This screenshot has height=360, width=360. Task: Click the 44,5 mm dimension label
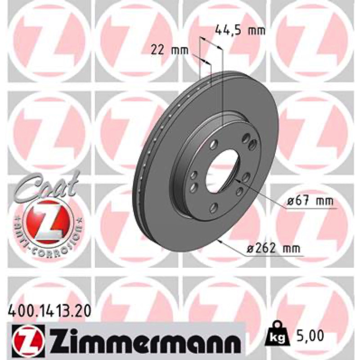[x=240, y=30]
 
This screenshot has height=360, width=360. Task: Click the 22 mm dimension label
[x=169, y=50]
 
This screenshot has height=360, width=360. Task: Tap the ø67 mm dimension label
[x=310, y=201]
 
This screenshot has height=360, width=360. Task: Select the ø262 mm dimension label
[x=273, y=248]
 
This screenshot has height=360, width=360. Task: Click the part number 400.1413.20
[x=49, y=312]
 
